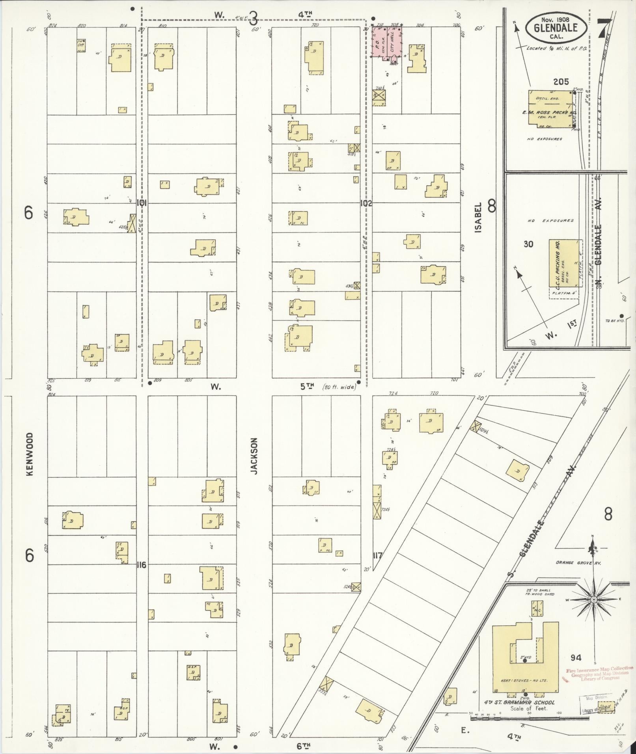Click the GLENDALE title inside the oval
[x=556, y=27]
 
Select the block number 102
[x=366, y=203]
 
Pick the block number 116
[x=141, y=565]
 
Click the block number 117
[x=377, y=556]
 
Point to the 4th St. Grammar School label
[x=519, y=702]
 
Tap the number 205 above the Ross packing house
[x=561, y=82]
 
